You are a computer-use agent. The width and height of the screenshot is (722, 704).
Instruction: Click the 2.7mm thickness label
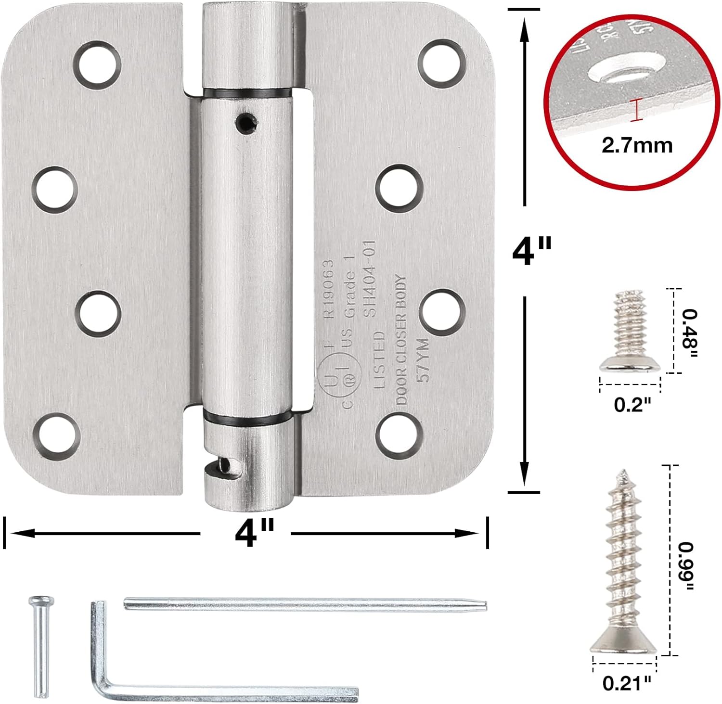(637, 145)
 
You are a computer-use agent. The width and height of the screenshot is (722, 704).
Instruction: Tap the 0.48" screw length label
(689, 333)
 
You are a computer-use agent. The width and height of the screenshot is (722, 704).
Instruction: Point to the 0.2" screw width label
(632, 405)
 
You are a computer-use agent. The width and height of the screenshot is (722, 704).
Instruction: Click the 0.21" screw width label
(627, 682)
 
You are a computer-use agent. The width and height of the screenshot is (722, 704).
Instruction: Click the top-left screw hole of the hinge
(98, 64)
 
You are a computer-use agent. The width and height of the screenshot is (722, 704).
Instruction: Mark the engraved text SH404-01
(371, 280)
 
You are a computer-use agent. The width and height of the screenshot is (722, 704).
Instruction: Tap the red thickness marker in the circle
(637, 110)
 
